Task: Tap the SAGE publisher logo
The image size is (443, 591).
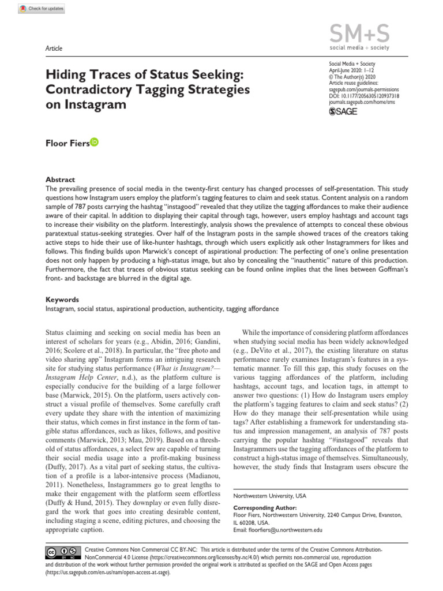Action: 343,111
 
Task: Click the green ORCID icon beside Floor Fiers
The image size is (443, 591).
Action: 95,142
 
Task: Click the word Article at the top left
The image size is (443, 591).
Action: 54,48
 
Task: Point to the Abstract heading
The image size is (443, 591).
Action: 60,179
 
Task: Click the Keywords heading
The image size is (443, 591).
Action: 62,300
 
